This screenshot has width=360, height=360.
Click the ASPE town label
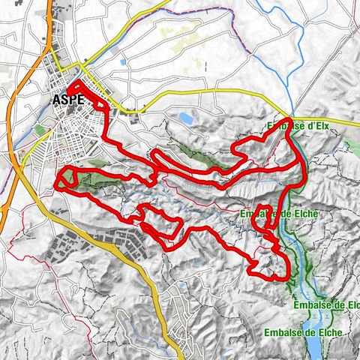[x=68, y=99]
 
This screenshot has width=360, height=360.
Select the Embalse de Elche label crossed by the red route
[x=278, y=214]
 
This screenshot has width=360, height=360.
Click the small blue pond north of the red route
[x=185, y=118]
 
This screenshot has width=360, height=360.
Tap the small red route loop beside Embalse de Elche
[x=262, y=214]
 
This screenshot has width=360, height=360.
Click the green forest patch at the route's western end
[x=69, y=177]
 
